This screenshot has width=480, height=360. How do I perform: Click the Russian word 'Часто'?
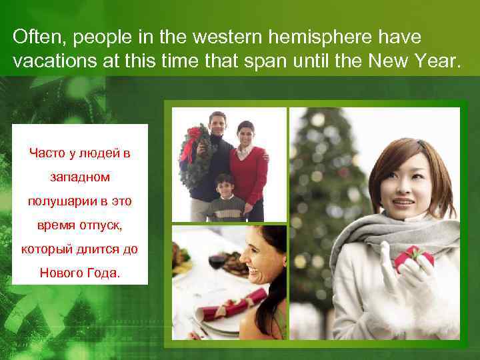tap(47, 154)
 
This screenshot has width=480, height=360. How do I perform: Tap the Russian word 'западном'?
tap(80, 178)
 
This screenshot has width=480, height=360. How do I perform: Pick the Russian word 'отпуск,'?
tap(100, 225)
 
